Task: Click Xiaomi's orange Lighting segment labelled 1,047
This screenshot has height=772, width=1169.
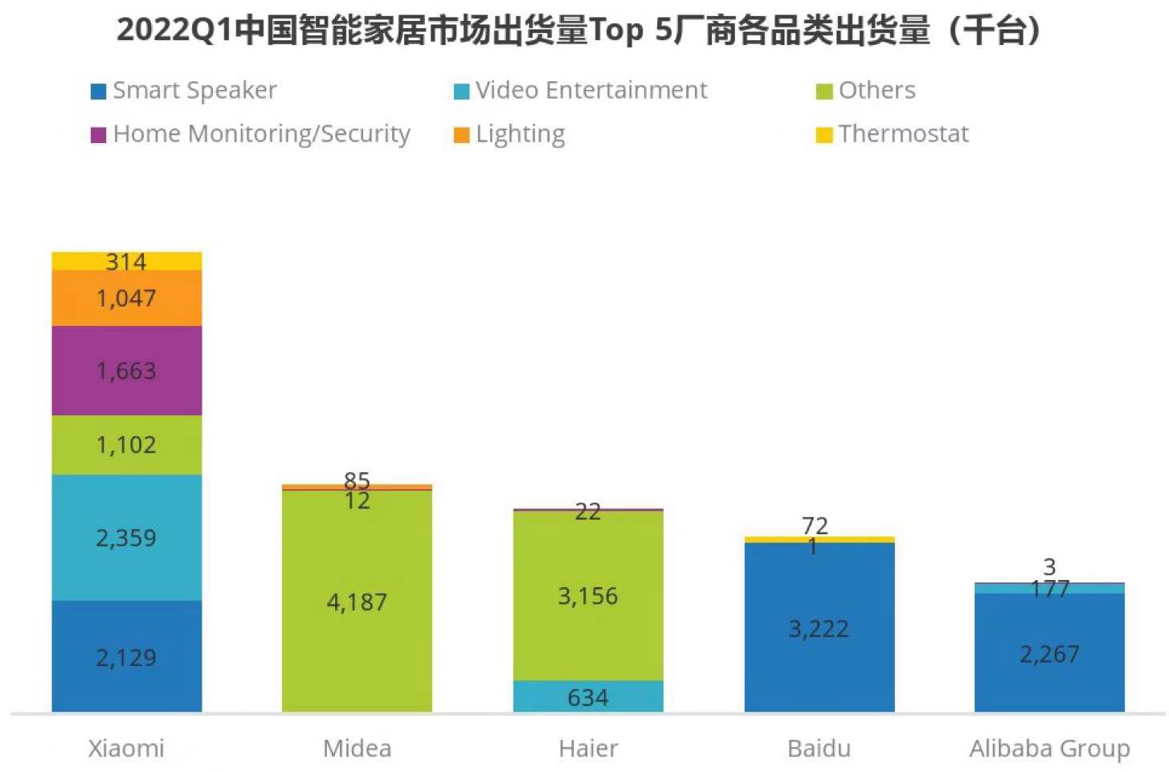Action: coord(126,298)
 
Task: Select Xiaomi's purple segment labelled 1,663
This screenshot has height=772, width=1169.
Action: coord(126,370)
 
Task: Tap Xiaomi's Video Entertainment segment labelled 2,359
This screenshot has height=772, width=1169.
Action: coord(126,537)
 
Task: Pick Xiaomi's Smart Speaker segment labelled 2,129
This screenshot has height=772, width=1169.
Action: coord(126,657)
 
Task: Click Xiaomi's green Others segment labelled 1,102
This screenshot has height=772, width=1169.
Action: coord(126,444)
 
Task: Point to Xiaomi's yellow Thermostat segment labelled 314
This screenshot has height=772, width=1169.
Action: coord(126,261)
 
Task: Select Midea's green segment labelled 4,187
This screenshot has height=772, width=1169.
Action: coord(357,601)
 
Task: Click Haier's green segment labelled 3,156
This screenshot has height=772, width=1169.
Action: coord(588,595)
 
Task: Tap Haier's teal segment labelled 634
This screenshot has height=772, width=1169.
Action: coord(588,696)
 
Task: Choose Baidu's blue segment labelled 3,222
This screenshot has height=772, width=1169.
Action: coord(819,628)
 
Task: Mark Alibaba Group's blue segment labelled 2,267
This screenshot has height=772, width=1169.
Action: coord(1049,653)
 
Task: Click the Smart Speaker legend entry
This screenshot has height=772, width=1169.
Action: coord(185,90)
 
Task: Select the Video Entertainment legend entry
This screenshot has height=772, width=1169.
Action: coord(581,90)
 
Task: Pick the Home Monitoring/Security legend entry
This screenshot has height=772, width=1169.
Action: coord(251,133)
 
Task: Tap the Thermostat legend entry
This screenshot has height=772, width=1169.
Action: coord(893,133)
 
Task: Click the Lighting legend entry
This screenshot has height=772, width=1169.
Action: coord(510,133)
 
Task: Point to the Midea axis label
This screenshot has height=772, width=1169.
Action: coord(357,748)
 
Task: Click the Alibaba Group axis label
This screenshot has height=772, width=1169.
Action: coord(1049,748)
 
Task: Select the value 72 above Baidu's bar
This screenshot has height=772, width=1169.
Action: coord(815,525)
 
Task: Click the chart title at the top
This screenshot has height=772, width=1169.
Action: coord(578,31)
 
